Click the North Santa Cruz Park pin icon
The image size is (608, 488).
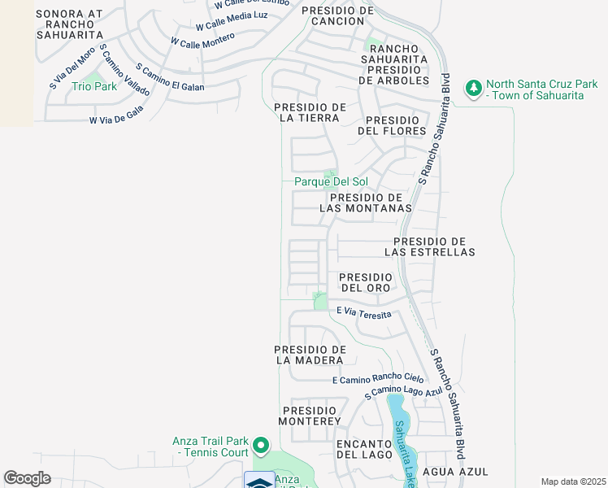[x=474, y=89]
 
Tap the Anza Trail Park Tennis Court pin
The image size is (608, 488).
[x=260, y=446]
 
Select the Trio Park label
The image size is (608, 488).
[x=94, y=86]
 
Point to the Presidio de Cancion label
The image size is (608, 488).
[x=337, y=15]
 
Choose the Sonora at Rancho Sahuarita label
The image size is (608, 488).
[x=70, y=24]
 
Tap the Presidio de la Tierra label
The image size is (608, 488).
[x=311, y=113]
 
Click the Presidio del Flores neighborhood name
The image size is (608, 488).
[x=392, y=125]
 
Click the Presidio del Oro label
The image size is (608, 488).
[x=367, y=282]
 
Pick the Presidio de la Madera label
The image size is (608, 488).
[x=311, y=354]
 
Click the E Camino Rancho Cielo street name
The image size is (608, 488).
[x=378, y=378]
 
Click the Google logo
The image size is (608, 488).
[x=28, y=478]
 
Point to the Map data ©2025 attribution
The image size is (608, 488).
[x=572, y=481]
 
